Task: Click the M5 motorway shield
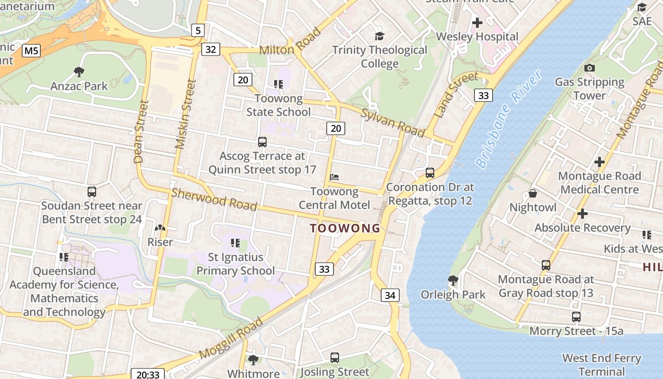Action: click(31, 50)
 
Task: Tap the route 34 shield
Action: click(390, 295)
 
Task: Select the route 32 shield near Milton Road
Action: click(211, 49)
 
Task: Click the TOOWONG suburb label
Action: click(345, 228)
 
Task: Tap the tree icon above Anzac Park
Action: click(79, 72)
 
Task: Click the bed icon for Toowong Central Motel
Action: click(334, 178)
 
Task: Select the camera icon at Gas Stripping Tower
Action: click(590, 68)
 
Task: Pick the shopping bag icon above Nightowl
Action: click(533, 193)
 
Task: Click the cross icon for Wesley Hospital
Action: click(477, 22)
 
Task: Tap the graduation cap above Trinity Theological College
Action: click(379, 36)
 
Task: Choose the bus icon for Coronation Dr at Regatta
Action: click(430, 173)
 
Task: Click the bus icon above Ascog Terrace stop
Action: click(262, 142)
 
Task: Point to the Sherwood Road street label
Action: click(214, 199)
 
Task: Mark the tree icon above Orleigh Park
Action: click(453, 280)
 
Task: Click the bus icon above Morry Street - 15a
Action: click(576, 316)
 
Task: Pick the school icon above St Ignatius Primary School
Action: click(235, 243)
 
